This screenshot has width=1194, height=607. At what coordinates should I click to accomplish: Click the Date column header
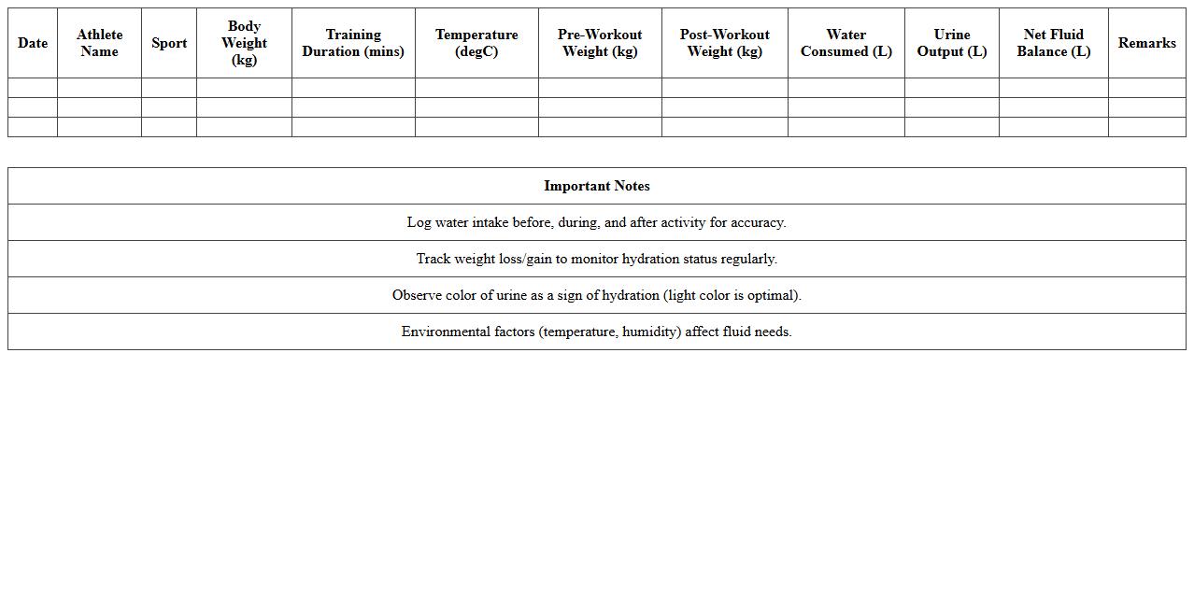(33, 43)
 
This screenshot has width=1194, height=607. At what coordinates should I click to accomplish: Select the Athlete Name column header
(99, 43)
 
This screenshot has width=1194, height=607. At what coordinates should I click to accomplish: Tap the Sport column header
(169, 43)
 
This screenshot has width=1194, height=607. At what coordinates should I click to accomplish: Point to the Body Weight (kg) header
(244, 43)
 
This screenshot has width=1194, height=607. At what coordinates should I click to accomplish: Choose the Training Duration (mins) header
(353, 43)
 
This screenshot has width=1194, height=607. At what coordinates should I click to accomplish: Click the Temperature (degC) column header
(476, 43)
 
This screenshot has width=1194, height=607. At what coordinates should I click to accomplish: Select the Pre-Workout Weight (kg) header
(600, 43)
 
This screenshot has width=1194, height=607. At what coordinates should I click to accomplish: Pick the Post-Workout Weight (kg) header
(724, 43)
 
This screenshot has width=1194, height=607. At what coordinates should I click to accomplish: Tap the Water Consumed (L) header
(846, 43)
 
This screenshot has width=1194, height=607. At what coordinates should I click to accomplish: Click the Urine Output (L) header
(951, 43)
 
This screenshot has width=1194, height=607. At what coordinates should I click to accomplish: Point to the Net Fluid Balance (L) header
(1053, 43)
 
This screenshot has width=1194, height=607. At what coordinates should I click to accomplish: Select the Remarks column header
(1146, 43)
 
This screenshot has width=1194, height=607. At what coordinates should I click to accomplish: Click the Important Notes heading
(597, 186)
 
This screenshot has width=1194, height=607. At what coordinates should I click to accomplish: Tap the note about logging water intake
(597, 222)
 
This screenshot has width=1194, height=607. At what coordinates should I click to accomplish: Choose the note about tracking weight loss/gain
(597, 259)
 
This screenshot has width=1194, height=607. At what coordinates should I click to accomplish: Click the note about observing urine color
(597, 295)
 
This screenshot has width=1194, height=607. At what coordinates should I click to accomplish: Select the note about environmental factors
(597, 332)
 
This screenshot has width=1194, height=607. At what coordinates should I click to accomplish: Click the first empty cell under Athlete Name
(99, 88)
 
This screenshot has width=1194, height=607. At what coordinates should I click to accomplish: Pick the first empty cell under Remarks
(1146, 88)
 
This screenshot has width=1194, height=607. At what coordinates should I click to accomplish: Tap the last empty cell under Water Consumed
(846, 127)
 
